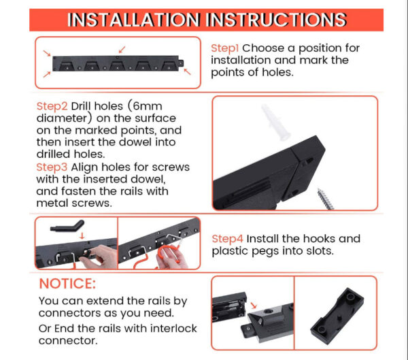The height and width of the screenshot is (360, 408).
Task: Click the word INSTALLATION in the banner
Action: coord(134,20)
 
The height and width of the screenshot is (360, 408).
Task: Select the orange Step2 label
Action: coord(52,107)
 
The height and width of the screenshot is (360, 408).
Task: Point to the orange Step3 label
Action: coord(52,167)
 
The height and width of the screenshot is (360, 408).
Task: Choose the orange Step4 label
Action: coord(227,239)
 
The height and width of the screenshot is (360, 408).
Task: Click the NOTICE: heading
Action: coord(67,284)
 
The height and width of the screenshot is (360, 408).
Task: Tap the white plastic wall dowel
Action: coord(275,122)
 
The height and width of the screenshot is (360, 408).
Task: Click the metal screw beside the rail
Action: coord(326,199)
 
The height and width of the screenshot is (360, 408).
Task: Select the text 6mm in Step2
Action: coord(148,106)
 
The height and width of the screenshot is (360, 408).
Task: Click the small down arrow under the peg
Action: coord(82,235)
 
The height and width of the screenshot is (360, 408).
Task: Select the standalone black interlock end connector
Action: coord(337,316)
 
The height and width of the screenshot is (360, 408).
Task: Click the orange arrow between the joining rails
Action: coord(254,306)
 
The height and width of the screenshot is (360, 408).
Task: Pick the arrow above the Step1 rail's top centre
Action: coord(122,50)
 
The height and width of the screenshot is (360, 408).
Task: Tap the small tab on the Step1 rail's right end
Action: coord(181,63)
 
